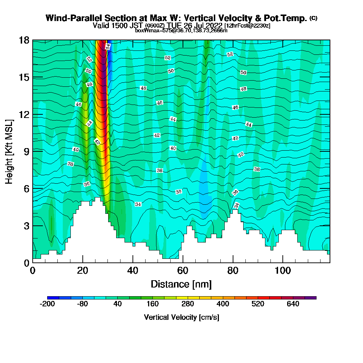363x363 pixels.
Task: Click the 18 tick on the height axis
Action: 32,40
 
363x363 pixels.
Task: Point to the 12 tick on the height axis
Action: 32,114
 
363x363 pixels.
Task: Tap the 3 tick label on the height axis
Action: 26,226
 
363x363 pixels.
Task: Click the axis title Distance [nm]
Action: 181,284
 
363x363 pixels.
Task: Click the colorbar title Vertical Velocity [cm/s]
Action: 181,317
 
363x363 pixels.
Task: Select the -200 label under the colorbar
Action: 47,304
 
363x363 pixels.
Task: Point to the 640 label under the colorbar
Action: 293,304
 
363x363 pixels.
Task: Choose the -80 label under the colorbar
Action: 82,304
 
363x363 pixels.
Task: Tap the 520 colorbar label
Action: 258,304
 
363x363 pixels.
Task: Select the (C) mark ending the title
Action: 313,18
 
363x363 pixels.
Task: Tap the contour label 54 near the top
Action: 108,46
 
